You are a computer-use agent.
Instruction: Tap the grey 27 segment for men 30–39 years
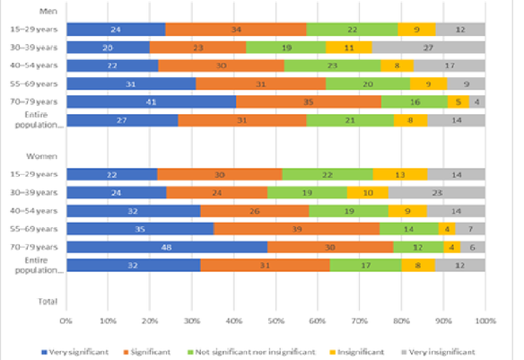[x=429, y=47]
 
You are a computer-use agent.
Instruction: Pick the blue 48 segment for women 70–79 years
[x=166, y=247]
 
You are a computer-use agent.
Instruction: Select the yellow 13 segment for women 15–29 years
[x=399, y=174]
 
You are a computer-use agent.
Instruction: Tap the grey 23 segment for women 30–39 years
[x=437, y=192]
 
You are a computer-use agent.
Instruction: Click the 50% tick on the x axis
[x=275, y=320]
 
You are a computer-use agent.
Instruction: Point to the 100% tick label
[x=485, y=320]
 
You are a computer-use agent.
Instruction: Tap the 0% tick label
[x=65, y=320]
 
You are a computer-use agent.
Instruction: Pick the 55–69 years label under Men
[x=34, y=83]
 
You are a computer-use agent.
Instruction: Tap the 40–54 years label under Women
[x=34, y=210]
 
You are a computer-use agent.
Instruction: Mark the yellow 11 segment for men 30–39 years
[x=348, y=47]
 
